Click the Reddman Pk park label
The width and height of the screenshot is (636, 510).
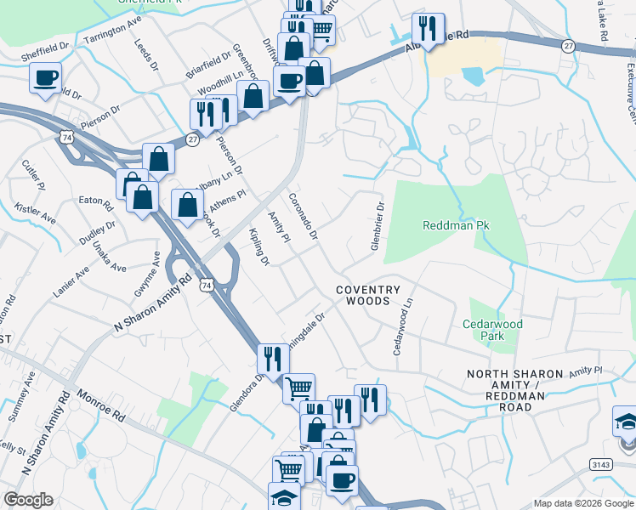pos(457,225)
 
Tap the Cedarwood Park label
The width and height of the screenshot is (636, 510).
pos(493,330)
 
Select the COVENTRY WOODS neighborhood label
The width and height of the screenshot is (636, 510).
pos(368,295)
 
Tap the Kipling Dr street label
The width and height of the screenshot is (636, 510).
pos(259,246)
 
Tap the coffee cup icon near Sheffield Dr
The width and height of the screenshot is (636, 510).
pos(45,78)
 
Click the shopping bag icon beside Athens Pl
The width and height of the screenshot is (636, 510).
pos(187,204)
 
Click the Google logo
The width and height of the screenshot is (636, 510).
pos(28,500)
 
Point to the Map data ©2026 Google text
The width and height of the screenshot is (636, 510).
pos(582,503)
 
